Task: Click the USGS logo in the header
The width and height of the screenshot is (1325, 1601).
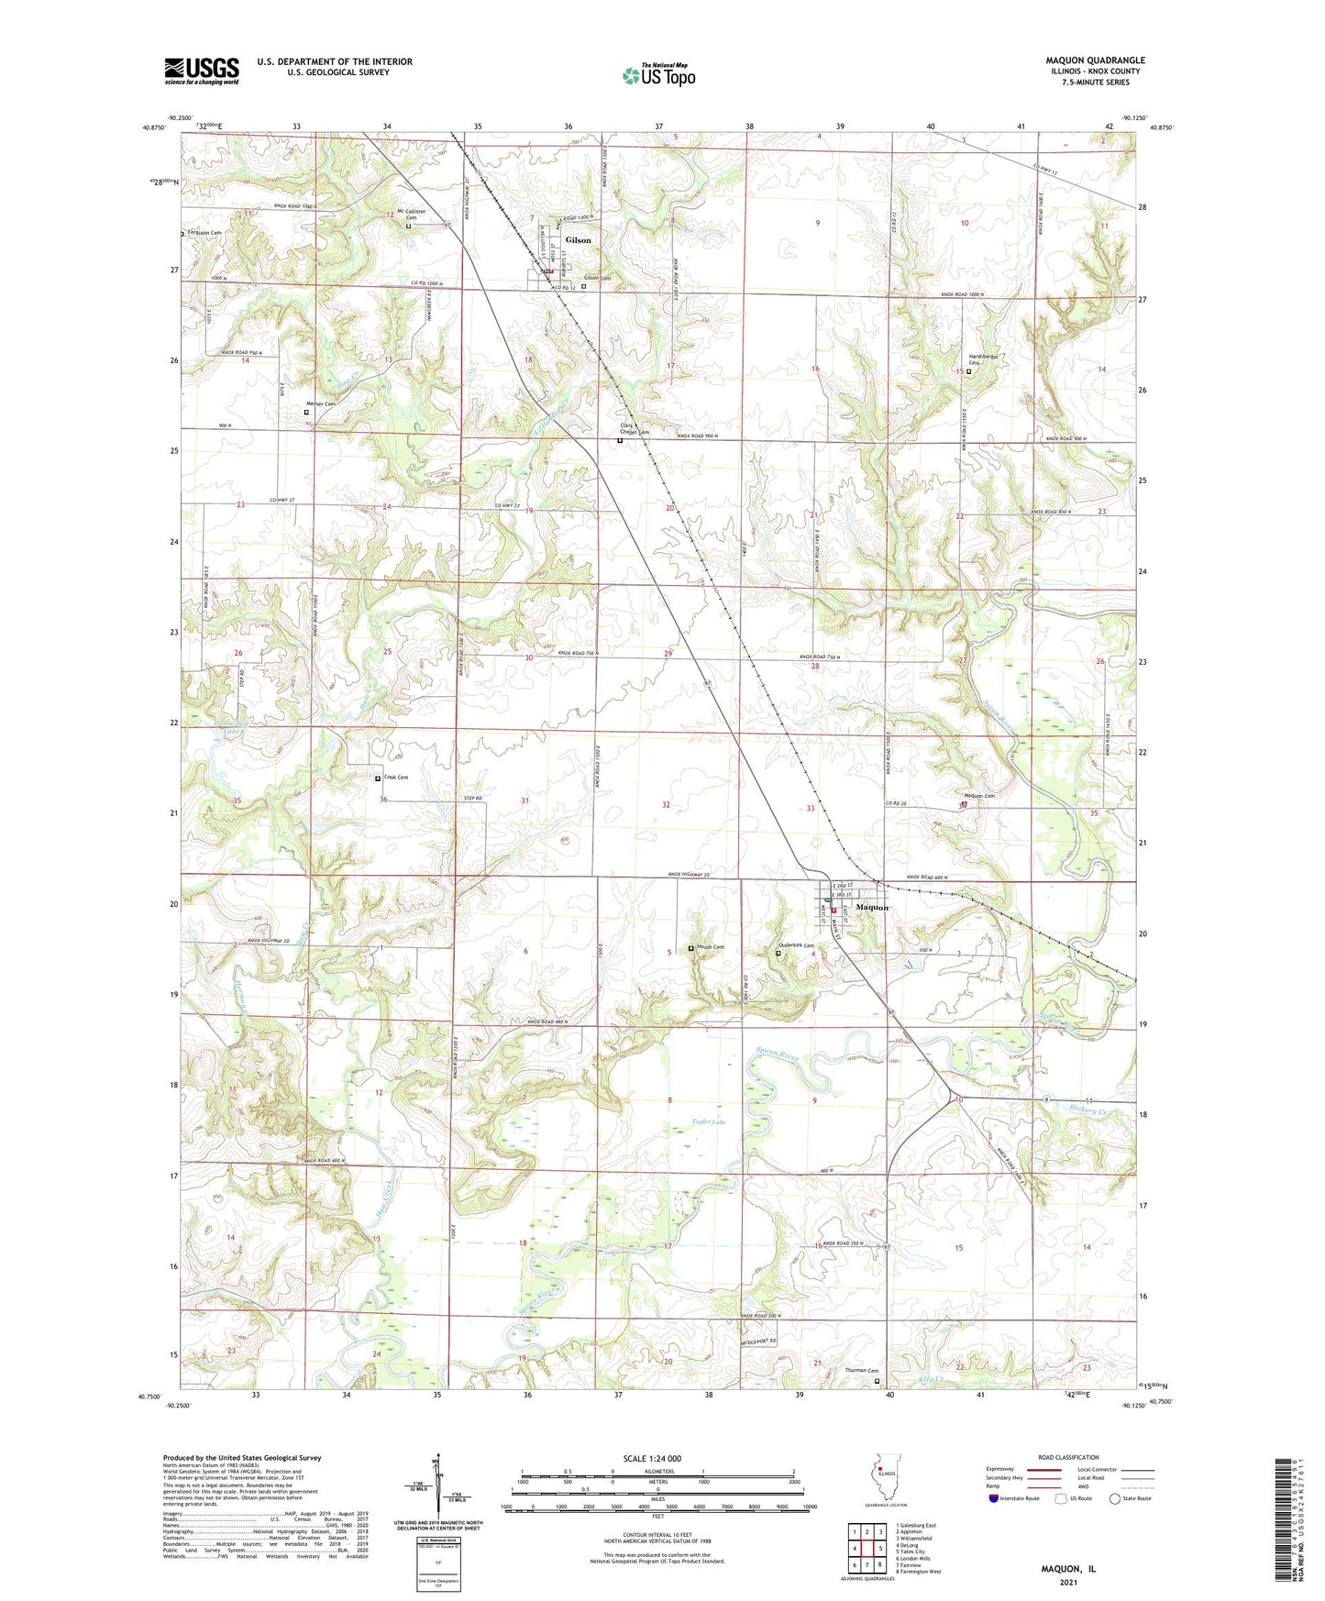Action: point(201,71)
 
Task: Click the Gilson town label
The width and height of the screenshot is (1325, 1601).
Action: point(578,240)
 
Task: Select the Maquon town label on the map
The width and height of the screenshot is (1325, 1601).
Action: point(871,908)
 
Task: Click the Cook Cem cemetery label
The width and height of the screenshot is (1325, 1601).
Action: point(396,778)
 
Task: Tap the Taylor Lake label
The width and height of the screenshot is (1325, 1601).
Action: point(709,1121)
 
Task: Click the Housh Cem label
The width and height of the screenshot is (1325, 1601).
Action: point(711,948)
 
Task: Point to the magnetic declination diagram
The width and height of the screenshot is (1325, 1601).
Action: point(437,1485)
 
